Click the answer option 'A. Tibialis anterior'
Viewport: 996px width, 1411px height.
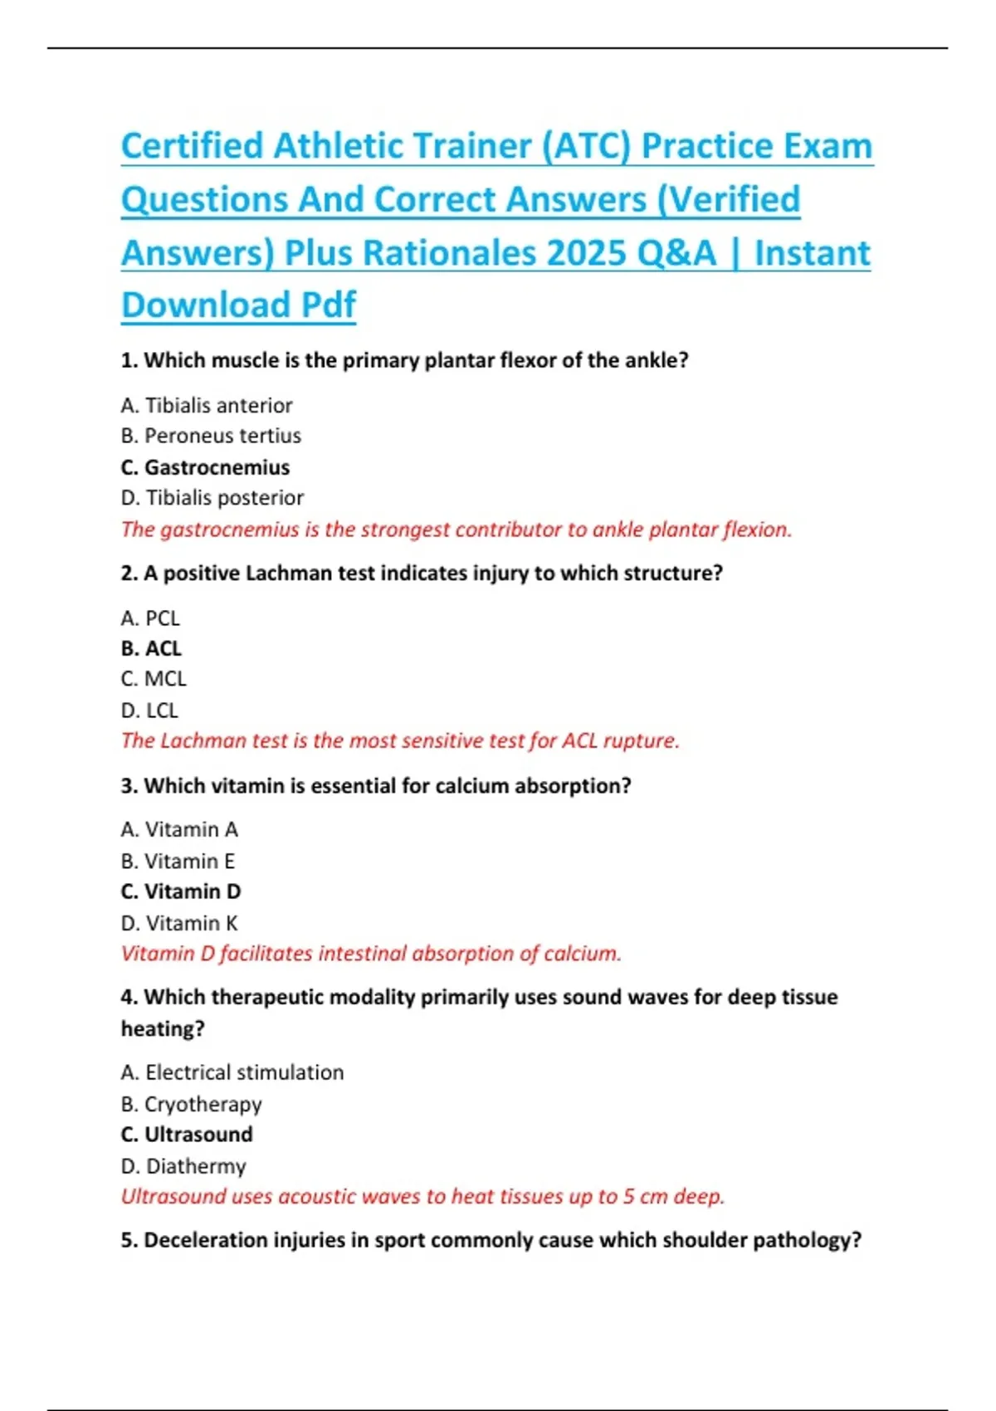tap(207, 405)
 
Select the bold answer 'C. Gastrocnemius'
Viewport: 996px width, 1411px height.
tap(205, 467)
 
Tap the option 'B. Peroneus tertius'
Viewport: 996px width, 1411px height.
tap(211, 436)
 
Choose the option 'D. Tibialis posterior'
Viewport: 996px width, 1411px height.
tap(212, 498)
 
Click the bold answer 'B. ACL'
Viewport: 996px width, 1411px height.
tap(151, 648)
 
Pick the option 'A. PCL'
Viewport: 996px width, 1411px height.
tap(150, 618)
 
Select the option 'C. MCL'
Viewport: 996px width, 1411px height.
tap(154, 679)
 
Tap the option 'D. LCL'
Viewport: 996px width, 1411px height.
tap(149, 710)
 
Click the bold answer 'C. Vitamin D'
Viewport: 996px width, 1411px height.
tap(181, 891)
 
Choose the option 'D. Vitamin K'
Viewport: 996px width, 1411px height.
tap(179, 923)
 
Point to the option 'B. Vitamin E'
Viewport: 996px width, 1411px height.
tap(178, 862)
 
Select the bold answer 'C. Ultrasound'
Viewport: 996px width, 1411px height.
tap(187, 1135)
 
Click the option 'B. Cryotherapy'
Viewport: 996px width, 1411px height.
tap(191, 1105)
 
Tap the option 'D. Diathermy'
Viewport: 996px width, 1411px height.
tap(183, 1166)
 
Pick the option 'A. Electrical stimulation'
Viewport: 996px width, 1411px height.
tap(232, 1072)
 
